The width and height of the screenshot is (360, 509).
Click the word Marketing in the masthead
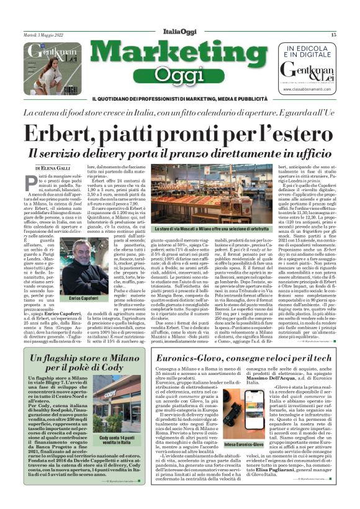(x=180, y=55)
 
